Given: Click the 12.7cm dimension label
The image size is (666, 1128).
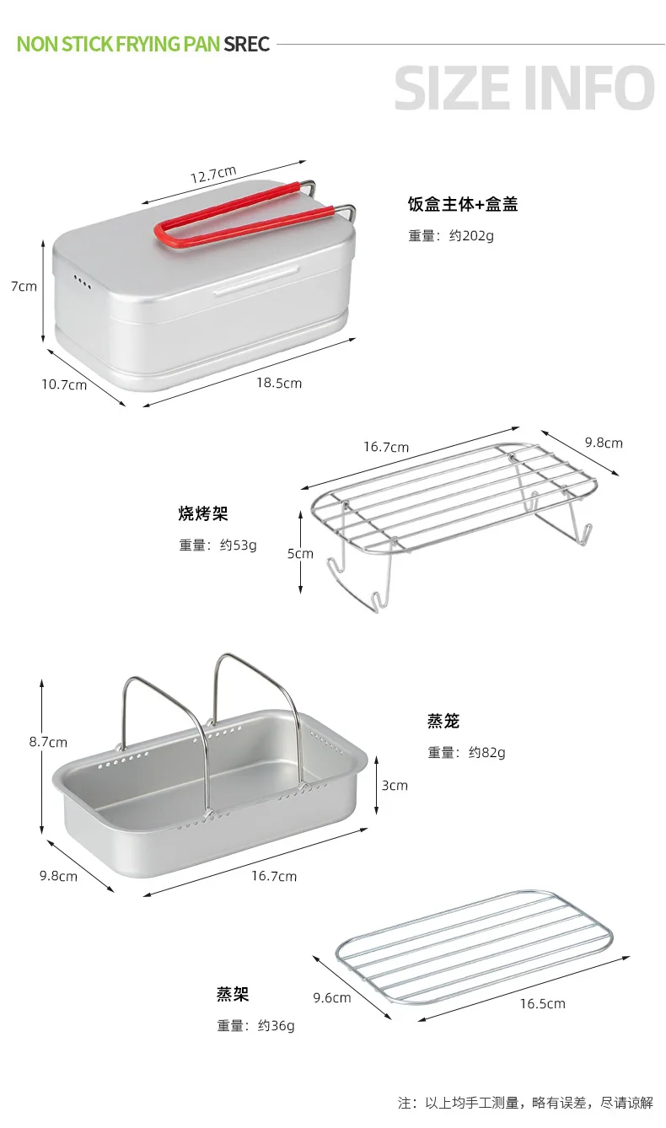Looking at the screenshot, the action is pyautogui.click(x=213, y=175).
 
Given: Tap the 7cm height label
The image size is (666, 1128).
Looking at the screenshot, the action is pyautogui.click(x=24, y=287).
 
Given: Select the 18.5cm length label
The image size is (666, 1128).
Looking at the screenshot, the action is pyautogui.click(x=279, y=384).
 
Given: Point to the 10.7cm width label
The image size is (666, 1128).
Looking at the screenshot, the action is pyautogui.click(x=64, y=385).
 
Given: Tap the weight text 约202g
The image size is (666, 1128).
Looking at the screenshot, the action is pyautogui.click(x=471, y=236).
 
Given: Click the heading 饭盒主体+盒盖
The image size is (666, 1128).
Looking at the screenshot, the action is pyautogui.click(x=463, y=204).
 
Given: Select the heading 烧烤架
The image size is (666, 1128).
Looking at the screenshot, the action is pyautogui.click(x=203, y=513).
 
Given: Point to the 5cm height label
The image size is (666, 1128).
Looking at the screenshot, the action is pyautogui.click(x=300, y=554).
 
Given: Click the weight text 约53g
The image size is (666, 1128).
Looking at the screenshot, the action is pyautogui.click(x=238, y=545).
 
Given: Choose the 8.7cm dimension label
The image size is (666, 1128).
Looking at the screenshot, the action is pyautogui.click(x=48, y=742).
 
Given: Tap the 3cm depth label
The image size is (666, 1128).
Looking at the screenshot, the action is pyautogui.click(x=395, y=786).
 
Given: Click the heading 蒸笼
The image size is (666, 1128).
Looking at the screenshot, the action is pyautogui.click(x=443, y=721).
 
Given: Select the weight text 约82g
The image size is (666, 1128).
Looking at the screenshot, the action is pyautogui.click(x=486, y=752).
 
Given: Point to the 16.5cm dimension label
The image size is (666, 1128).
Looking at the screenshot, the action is pyautogui.click(x=543, y=1003).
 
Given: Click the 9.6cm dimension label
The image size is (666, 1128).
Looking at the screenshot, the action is pyautogui.click(x=332, y=997).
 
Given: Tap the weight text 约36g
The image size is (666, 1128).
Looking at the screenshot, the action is pyautogui.click(x=276, y=1025).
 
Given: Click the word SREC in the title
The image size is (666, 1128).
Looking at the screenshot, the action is pyautogui.click(x=247, y=45).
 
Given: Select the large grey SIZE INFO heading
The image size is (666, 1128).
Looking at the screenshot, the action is pyautogui.click(x=524, y=88).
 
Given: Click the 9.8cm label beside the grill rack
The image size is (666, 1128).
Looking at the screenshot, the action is pyautogui.click(x=604, y=443).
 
